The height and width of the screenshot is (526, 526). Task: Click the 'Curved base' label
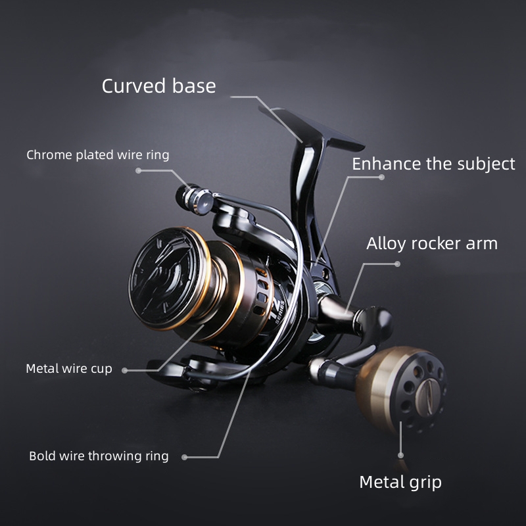[x=158, y=86]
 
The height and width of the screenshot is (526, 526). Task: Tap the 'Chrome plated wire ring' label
[x=97, y=155]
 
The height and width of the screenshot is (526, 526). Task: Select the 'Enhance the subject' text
[x=433, y=164]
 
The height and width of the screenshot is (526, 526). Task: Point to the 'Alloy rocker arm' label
[x=432, y=243]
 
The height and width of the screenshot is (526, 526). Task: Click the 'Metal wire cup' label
[x=69, y=369]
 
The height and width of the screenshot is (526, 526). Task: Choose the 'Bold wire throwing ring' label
[x=99, y=456]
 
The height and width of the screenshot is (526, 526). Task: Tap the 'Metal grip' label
[x=400, y=483]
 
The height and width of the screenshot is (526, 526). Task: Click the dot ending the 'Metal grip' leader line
[x=400, y=455]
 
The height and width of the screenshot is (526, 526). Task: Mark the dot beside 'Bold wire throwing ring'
[x=184, y=457]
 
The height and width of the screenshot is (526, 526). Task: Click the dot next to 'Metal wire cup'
[x=125, y=370]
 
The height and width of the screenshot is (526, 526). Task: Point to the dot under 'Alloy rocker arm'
[x=398, y=264]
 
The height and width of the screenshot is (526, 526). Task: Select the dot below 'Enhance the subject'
[x=381, y=177]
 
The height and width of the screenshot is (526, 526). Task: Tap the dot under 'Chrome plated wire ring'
[x=138, y=170]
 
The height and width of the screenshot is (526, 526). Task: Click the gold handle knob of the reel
[x=401, y=389]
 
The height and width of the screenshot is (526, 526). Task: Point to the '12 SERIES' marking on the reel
[x=279, y=310]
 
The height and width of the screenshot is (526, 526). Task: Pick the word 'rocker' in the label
[x=435, y=243]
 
